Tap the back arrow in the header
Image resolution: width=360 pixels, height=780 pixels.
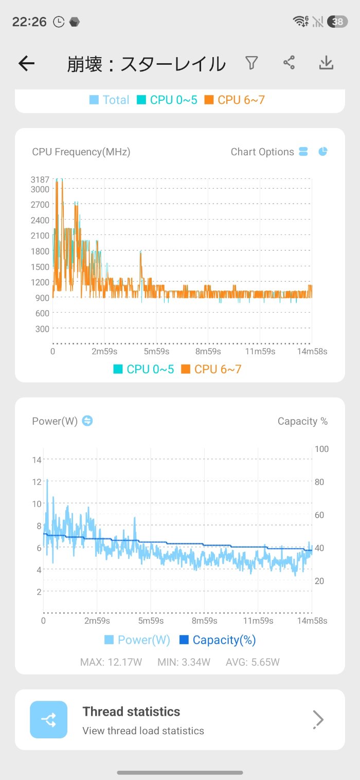coord(26,63)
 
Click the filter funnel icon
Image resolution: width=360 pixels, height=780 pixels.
coord(251,63)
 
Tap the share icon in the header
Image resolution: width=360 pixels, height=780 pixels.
coord(289,63)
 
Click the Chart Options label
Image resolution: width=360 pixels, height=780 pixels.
coord(262,152)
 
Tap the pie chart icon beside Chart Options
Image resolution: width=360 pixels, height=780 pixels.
coord(323,152)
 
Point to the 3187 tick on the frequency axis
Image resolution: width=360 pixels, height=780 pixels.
coord(40,179)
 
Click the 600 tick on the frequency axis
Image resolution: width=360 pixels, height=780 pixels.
coord(42,313)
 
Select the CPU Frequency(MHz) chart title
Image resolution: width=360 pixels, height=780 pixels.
coord(81,152)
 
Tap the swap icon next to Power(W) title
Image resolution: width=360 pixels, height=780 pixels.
coord(87,421)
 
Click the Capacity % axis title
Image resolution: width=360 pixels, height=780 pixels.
coord(302,421)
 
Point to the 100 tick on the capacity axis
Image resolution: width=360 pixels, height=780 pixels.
coord(321,449)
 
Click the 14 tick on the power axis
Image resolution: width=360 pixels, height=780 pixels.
coord(37,459)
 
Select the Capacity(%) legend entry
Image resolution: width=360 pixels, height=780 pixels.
coord(218,640)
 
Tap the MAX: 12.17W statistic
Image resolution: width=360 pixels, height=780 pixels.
coord(111,662)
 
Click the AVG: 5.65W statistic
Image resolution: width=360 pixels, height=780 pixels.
coord(253,662)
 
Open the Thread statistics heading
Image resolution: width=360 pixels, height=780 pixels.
coord(131,712)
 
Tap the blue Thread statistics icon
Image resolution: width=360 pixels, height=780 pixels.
coord(49,719)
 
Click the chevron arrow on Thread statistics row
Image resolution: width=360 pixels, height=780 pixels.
coord(319,719)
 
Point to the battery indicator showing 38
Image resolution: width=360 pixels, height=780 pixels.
coord(337,22)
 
